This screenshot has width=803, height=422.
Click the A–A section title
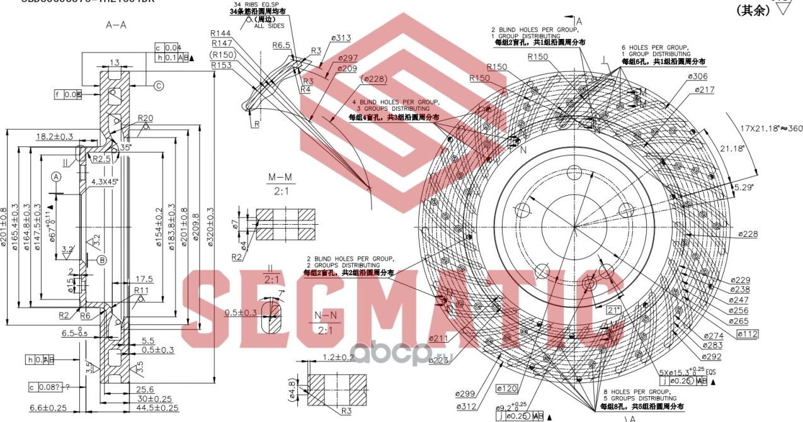point(117,25)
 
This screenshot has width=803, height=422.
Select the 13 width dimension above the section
point(114,62)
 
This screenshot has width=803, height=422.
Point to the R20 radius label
point(145,118)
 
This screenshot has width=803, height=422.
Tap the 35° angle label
point(126,147)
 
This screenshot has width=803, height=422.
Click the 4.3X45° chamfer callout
point(105,181)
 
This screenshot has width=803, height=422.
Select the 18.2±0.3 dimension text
point(55,136)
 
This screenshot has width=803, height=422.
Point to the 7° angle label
point(281,292)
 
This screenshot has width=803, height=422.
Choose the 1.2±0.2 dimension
point(338,357)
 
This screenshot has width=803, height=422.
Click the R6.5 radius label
point(281,45)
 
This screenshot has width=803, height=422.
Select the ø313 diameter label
point(340,38)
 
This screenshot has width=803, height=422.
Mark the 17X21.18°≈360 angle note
point(770,128)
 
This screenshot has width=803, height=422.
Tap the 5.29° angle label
point(743,188)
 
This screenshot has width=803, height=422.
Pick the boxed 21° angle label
point(613,309)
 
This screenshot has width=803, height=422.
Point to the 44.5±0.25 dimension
point(152,408)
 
